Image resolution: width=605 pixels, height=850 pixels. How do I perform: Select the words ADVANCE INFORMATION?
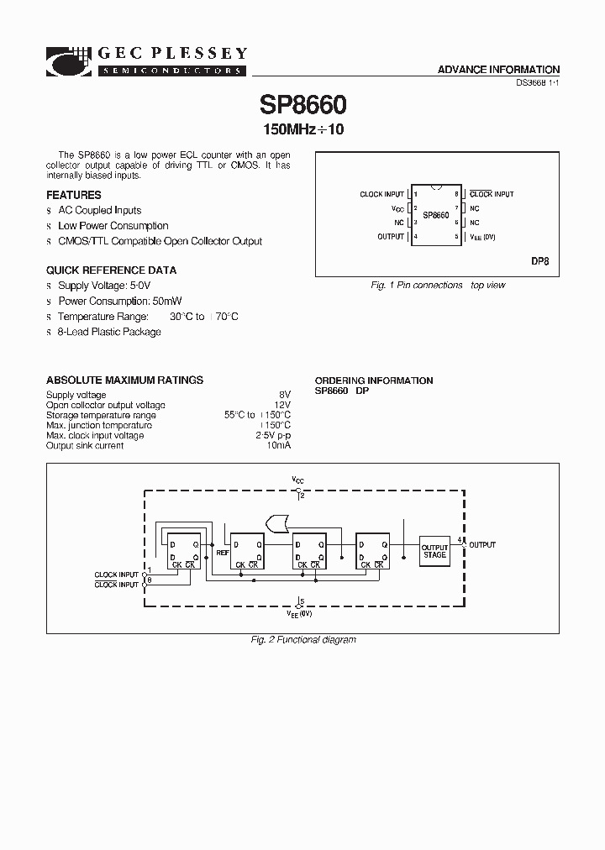coord(498,70)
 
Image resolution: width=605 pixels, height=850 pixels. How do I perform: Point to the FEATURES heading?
coord(74,195)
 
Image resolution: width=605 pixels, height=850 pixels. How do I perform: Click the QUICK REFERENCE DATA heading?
coord(111,270)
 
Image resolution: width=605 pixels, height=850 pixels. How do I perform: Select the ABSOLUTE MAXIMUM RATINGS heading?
coord(124,380)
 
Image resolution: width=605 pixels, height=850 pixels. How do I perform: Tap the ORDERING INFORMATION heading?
coord(374,380)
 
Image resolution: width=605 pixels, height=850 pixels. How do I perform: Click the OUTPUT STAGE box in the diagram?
coord(434,550)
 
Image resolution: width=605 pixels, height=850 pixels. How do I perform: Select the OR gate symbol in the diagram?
coord(274,524)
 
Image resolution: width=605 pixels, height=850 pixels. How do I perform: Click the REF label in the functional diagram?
coord(223,554)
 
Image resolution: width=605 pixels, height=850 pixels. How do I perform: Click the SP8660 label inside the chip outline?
coord(435,215)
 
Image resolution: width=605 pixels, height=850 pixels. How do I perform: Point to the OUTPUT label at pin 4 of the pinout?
coord(391,237)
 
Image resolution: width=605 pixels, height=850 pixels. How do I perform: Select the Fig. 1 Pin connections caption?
coord(438,286)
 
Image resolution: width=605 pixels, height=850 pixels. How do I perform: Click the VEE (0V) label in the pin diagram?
coord(482,238)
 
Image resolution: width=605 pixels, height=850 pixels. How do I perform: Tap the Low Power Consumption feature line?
coord(113,226)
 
